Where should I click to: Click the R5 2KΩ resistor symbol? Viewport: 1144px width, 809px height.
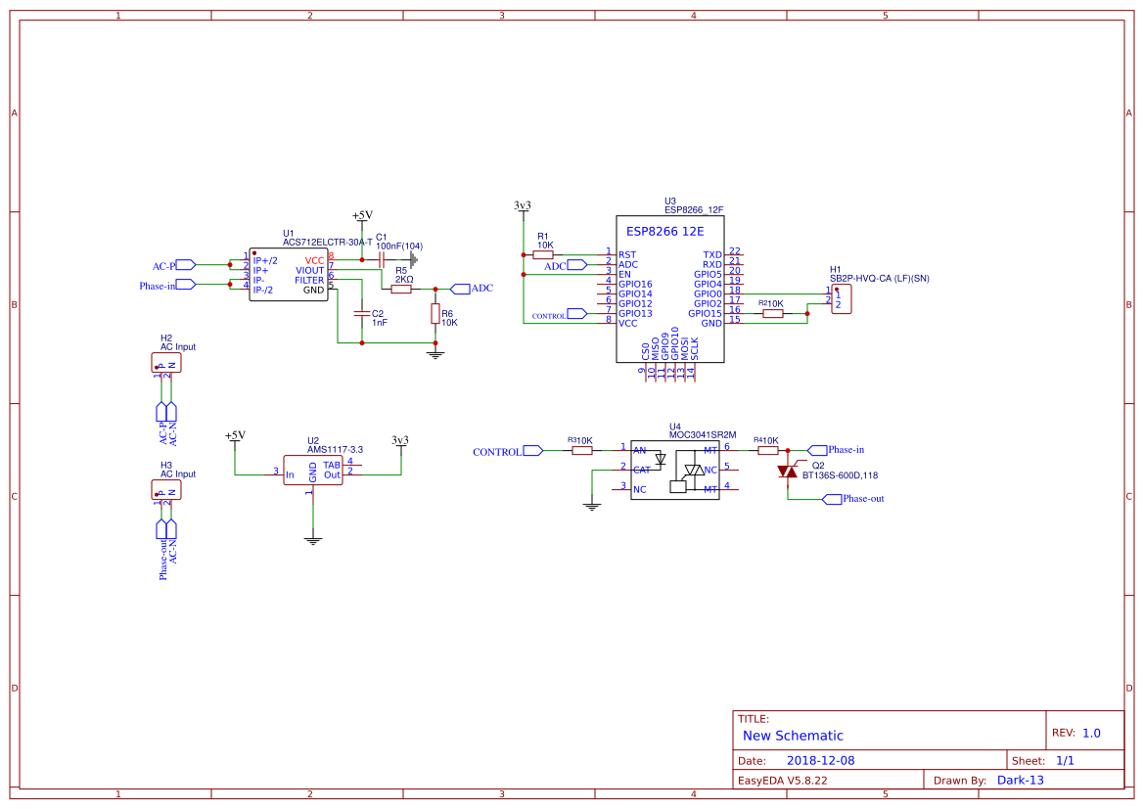tap(401, 289)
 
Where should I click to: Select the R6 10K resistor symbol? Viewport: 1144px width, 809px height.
tap(435, 314)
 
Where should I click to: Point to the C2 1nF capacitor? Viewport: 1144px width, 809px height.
tap(361, 314)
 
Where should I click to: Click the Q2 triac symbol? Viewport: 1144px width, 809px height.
tap(788, 472)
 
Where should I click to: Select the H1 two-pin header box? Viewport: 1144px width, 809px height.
tap(841, 299)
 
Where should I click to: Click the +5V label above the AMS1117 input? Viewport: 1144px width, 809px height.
tap(235, 435)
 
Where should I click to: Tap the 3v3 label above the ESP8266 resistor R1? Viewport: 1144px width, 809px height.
tap(523, 205)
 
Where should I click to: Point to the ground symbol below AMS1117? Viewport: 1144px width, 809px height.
tap(312, 539)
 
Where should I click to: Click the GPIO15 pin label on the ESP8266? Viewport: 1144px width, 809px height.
tap(705, 313)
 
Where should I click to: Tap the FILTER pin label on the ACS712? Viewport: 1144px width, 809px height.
tap(308, 280)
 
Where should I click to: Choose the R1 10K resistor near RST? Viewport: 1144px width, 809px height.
tap(543, 254)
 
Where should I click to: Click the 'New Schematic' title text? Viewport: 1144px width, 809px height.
tap(793, 736)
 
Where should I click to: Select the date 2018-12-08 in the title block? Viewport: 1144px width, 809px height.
tap(820, 760)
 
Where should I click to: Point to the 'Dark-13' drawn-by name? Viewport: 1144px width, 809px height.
tap(1020, 780)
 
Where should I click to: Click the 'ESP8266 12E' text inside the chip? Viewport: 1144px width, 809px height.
tap(665, 233)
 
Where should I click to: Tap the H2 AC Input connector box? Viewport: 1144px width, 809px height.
tap(166, 363)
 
